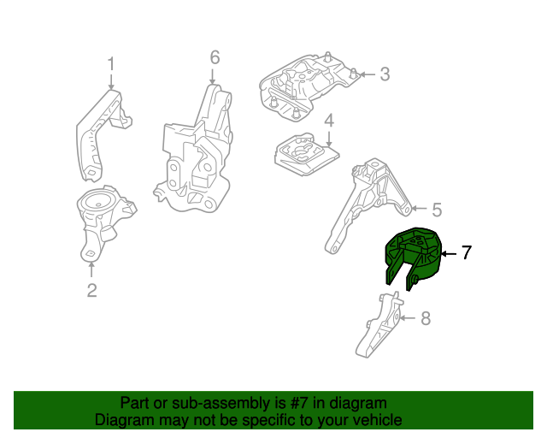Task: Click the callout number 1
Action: [x=110, y=63]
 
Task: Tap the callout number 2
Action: [x=91, y=291]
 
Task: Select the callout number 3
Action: [x=384, y=74]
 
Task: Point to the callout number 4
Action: [x=328, y=123]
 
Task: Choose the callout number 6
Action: [x=215, y=57]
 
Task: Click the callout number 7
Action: [x=466, y=252]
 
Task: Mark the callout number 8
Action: [x=426, y=319]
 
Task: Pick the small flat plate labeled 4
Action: [x=304, y=155]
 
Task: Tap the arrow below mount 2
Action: [x=91, y=269]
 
